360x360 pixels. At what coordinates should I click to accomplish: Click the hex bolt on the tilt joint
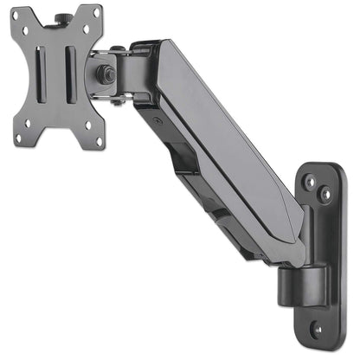(x=106, y=74)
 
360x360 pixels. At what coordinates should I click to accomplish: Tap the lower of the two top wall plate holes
(x=324, y=196)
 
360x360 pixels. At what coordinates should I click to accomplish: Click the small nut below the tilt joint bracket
(x=115, y=101)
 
